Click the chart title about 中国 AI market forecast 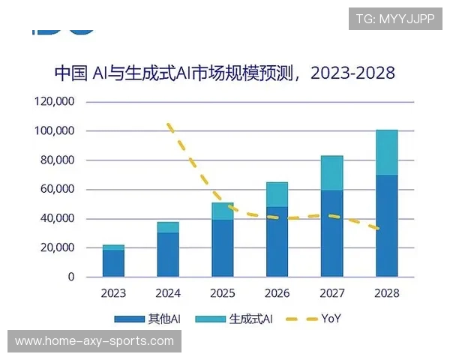coord(224,73)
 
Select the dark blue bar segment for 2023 coord(113,263)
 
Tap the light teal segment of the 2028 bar coord(386,152)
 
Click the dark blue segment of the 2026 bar coord(277,241)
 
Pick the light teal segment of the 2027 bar coord(331,173)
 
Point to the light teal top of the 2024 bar coord(168,227)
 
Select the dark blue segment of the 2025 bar coord(223,247)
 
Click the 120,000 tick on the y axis coord(54,101)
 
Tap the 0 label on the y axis coord(71,277)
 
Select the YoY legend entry coord(314,319)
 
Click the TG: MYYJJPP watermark coord(394,19)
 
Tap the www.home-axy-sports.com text coord(94,341)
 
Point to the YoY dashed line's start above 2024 coord(169,125)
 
